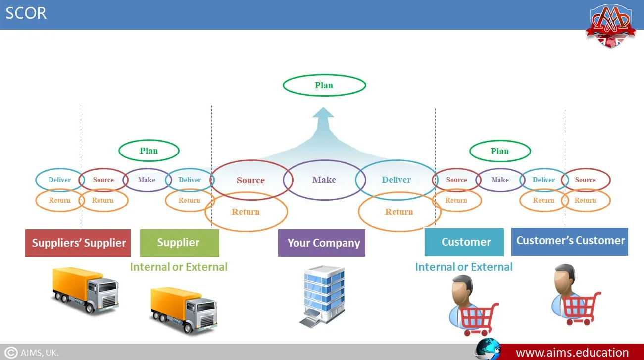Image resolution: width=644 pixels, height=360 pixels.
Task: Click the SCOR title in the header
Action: pos(26,13)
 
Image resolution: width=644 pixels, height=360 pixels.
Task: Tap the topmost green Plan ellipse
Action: pos(324,85)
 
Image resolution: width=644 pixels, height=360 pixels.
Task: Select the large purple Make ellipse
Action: pos(324,180)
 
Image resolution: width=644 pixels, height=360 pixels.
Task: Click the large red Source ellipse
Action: pos(250,180)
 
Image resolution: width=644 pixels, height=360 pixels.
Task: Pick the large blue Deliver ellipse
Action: pos(396,180)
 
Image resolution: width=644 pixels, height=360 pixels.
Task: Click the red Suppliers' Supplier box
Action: pos(78,243)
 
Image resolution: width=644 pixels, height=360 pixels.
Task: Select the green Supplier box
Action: pos(179,243)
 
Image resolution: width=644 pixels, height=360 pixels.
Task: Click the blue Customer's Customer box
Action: pos(570,241)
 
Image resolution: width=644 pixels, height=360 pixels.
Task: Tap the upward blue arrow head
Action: pos(323,114)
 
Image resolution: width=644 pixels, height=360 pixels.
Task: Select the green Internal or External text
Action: pos(179,267)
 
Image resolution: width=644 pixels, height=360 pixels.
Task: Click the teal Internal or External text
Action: pos(463,267)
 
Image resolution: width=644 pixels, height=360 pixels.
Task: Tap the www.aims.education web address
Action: pos(572,353)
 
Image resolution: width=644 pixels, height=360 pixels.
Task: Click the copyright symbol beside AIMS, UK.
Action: pos(11,353)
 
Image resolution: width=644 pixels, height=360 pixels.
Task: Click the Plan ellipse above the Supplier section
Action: pos(149,151)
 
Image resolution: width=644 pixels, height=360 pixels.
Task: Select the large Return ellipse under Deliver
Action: pos(399,212)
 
